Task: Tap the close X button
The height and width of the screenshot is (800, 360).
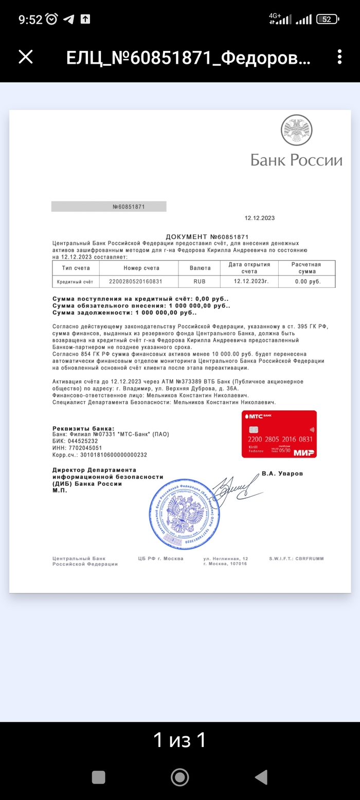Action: (26, 57)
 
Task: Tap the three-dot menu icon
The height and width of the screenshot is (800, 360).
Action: (339, 57)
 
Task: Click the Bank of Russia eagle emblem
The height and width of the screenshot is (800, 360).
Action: (296, 130)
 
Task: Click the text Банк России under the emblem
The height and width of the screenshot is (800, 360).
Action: (296, 160)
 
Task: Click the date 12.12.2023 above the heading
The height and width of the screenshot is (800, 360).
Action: (259, 218)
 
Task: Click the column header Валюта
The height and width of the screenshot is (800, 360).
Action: (199, 268)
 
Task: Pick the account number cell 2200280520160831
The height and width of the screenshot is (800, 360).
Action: (136, 282)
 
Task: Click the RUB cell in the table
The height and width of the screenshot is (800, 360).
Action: (199, 282)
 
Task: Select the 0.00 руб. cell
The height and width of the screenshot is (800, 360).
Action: (308, 282)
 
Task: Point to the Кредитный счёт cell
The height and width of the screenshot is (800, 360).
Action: (75, 282)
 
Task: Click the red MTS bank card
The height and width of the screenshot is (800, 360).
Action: (279, 434)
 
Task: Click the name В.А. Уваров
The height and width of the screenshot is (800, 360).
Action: (282, 473)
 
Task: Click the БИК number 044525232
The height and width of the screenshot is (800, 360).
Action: (82, 441)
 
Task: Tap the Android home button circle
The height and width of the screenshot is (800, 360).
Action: (179, 777)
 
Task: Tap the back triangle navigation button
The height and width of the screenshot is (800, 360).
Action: (261, 777)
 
